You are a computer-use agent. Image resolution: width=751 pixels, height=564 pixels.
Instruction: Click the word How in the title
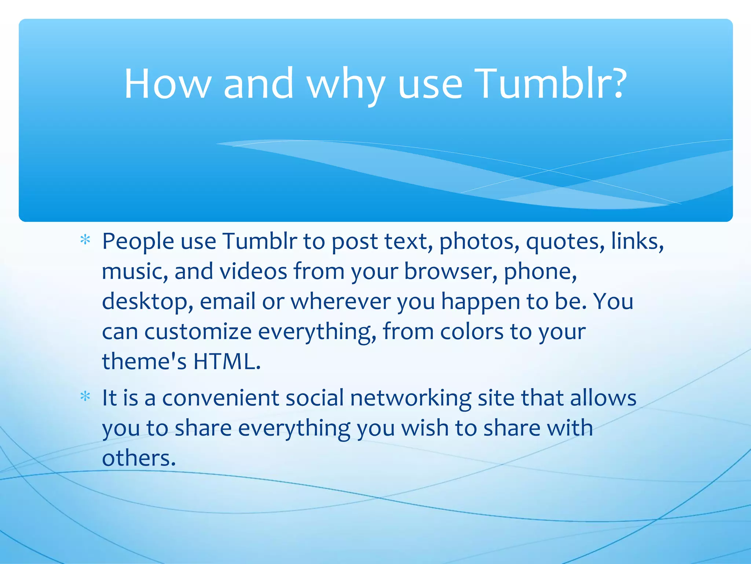point(167,84)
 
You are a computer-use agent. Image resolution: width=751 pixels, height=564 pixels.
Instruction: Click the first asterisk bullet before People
point(85,241)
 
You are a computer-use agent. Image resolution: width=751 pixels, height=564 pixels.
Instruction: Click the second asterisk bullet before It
point(85,397)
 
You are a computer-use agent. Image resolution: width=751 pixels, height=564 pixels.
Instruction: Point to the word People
point(138,242)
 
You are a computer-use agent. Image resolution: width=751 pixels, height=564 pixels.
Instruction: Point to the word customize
point(198,332)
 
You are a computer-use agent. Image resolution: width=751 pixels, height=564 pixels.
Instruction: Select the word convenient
point(220,398)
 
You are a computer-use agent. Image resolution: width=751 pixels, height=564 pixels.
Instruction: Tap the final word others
point(139,458)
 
